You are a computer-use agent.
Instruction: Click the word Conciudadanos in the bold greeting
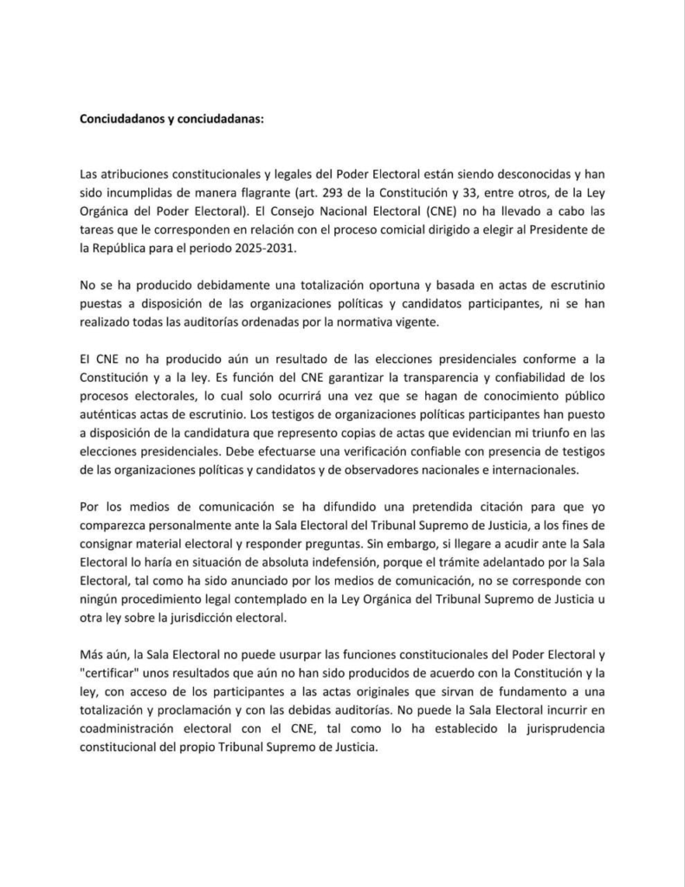point(115,119)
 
